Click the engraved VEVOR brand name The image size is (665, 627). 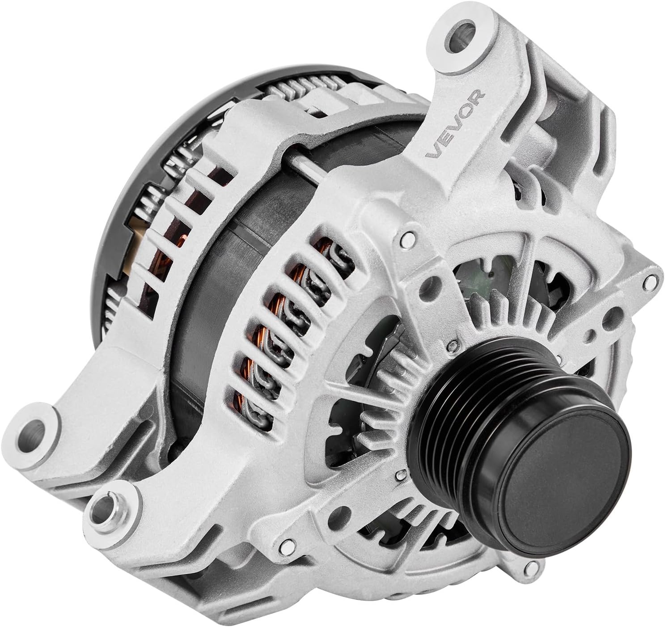(x=455, y=123)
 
